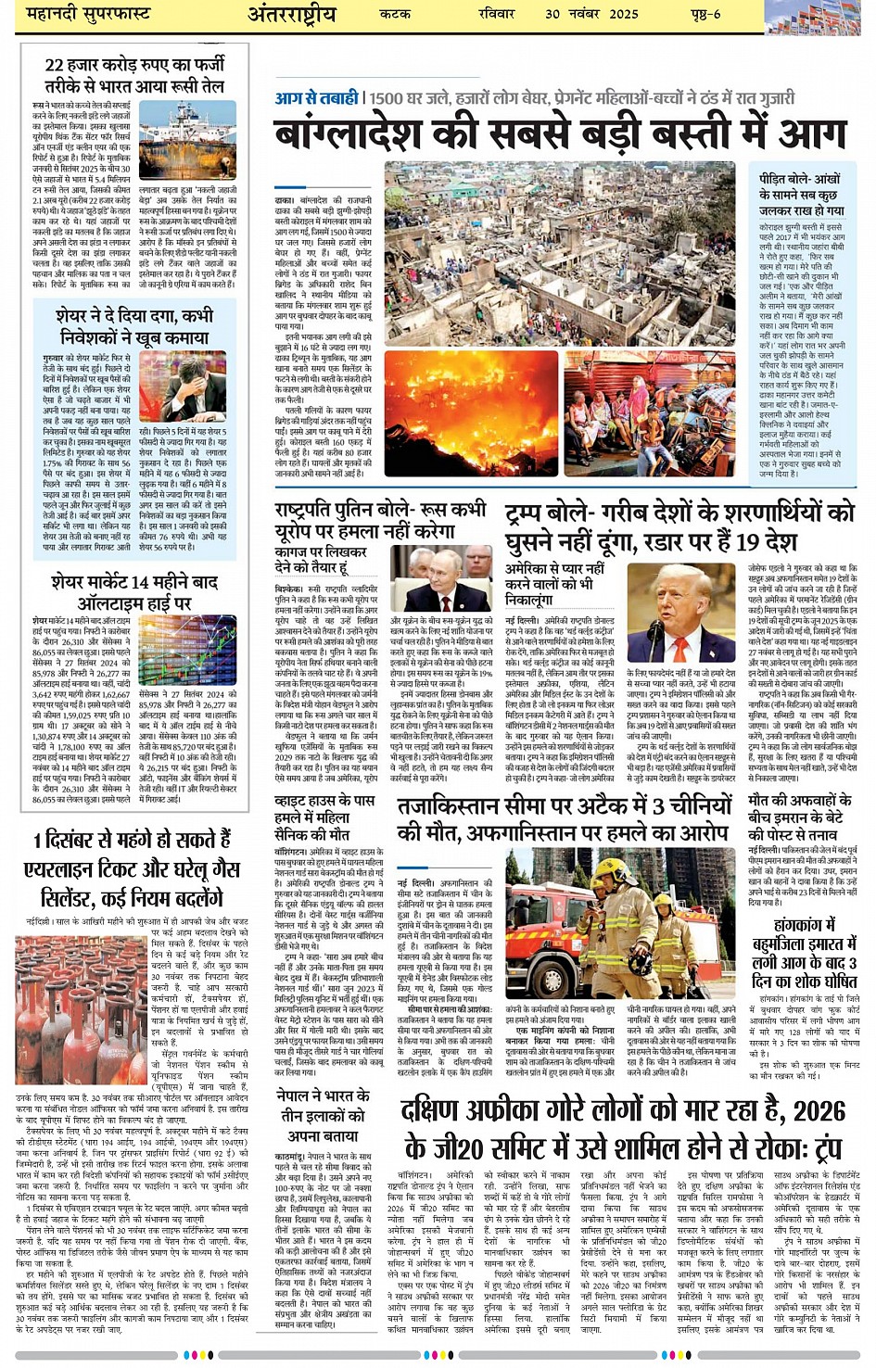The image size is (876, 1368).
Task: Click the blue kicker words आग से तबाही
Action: point(316,97)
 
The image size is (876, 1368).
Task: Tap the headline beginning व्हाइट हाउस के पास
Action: point(325,818)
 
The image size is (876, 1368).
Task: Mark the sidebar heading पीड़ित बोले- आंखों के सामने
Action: point(799,195)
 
